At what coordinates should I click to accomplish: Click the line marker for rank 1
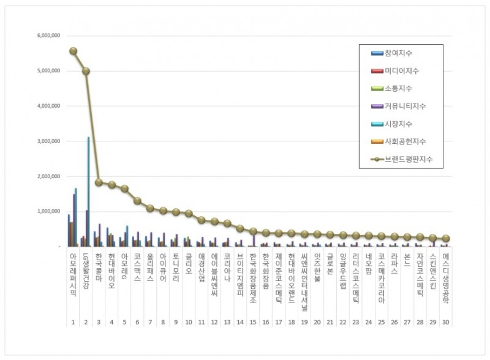tap(73, 51)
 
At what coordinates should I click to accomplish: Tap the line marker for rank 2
tap(86, 71)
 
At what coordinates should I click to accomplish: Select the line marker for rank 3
tap(99, 182)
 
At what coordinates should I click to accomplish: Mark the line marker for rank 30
tap(446, 239)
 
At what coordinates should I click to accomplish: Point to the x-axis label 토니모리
tap(176, 266)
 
